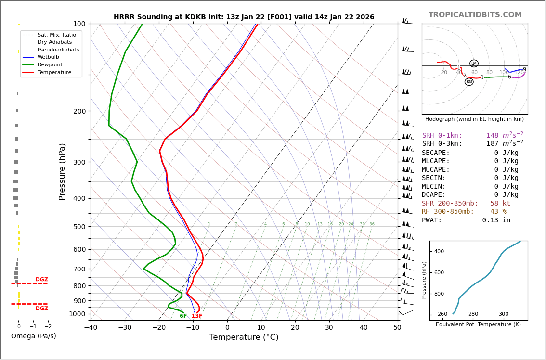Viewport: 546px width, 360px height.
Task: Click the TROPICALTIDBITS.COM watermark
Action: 475,15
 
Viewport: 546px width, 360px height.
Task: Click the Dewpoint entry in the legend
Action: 50,64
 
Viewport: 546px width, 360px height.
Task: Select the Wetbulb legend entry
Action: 48,57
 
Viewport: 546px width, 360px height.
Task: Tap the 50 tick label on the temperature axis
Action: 397,328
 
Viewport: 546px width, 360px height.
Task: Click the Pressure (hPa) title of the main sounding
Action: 62,171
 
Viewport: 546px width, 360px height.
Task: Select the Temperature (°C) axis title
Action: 244,337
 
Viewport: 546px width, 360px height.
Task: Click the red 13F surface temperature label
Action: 197,316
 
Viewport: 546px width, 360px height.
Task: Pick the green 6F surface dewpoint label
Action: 183,316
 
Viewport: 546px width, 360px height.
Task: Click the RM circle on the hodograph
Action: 469,82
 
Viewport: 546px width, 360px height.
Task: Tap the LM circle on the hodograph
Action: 474,64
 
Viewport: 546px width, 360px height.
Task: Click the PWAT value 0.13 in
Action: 496,220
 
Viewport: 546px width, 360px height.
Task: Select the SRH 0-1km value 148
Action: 492,136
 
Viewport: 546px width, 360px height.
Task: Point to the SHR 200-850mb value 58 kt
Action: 500,204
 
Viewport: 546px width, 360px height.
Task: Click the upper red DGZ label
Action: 41,280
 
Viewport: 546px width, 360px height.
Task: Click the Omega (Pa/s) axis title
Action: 33,336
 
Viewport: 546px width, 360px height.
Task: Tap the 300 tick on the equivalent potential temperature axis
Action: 503,314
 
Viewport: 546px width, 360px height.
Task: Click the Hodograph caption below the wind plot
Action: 474,119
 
